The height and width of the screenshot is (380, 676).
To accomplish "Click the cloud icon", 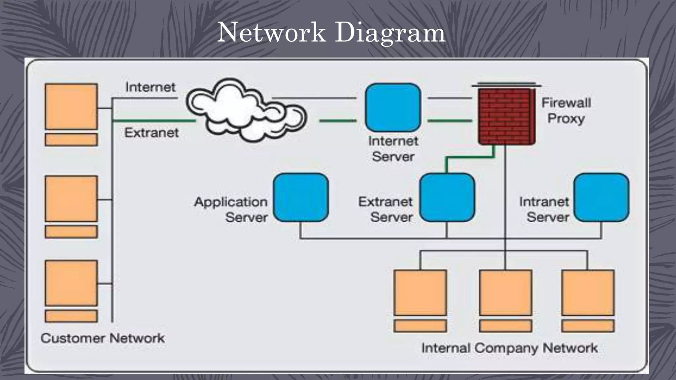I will pyautogui.click(x=246, y=111).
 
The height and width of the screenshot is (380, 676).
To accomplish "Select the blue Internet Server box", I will pyautogui.click(x=393, y=108).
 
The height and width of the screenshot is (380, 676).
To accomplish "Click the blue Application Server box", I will pyautogui.click(x=301, y=197).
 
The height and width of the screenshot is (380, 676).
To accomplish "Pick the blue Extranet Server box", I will pyautogui.click(x=447, y=197).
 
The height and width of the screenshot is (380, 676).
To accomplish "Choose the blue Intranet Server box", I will pyautogui.click(x=601, y=197).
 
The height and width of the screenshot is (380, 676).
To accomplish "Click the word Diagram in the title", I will pyautogui.click(x=390, y=33).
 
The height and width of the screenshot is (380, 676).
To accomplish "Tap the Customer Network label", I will pyautogui.click(x=103, y=338).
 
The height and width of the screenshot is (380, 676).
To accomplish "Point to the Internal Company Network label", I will pyautogui.click(x=509, y=348).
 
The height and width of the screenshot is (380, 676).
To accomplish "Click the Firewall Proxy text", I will pyautogui.click(x=566, y=111).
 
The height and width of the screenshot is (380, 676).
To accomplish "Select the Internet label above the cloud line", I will pyautogui.click(x=150, y=87).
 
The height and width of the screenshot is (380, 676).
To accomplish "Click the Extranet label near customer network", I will pyautogui.click(x=151, y=133).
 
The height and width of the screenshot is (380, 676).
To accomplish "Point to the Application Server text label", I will pyautogui.click(x=231, y=209).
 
